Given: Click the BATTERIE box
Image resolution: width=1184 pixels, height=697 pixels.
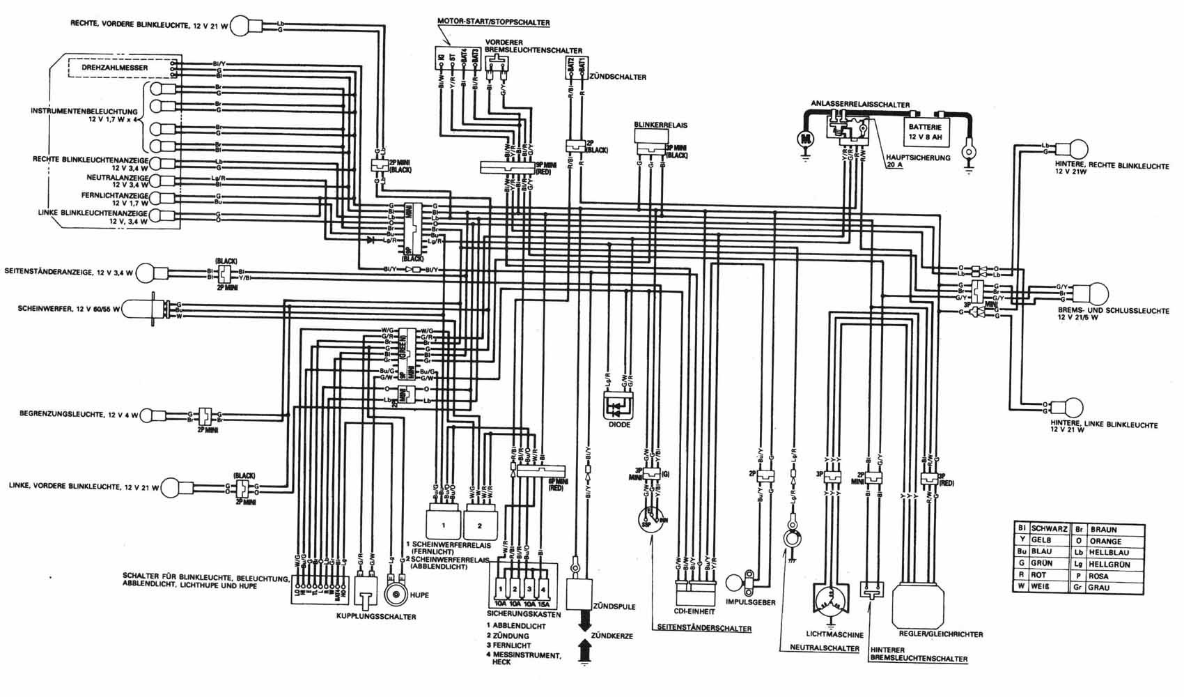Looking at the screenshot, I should [x=925, y=132].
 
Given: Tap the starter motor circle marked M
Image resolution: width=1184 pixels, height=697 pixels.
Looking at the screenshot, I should [x=806, y=139].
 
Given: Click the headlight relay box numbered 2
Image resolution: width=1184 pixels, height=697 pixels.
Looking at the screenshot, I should [x=478, y=524].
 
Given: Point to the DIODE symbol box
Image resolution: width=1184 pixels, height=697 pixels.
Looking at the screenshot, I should [x=618, y=404].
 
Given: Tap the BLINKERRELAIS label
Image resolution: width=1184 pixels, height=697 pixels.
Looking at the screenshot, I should [x=660, y=125].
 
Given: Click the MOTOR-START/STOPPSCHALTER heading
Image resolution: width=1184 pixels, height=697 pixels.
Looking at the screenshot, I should [x=493, y=22].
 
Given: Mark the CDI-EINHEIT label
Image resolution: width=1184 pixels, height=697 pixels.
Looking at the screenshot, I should [x=695, y=612].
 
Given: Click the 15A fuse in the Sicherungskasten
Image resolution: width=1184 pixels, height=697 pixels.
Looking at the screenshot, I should [x=544, y=603].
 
